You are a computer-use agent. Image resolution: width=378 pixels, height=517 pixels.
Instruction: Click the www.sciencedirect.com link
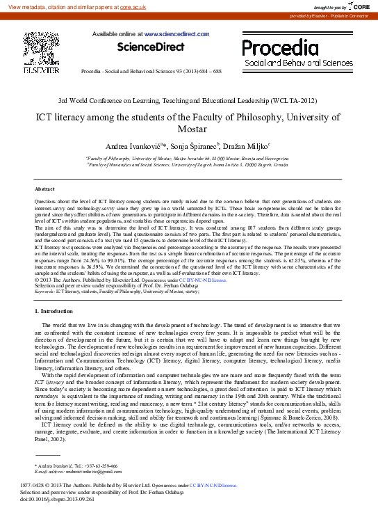tap(168, 33)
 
